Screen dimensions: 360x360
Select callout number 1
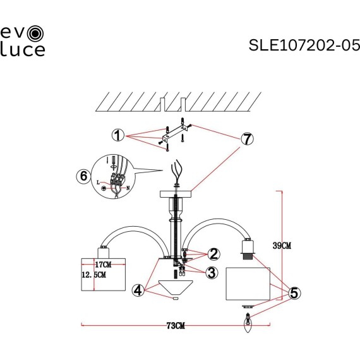(x=117, y=135)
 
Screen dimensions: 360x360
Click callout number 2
(x=214, y=254)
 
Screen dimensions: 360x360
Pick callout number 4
(x=138, y=291)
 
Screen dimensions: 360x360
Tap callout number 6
(x=82, y=177)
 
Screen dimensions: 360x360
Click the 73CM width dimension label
(x=176, y=326)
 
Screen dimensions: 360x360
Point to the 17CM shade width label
(x=102, y=264)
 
